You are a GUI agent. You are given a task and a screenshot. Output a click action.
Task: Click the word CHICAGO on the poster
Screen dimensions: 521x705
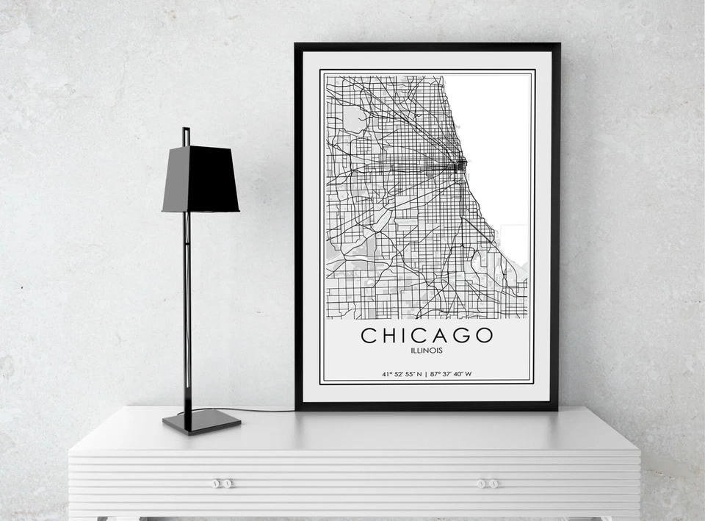coord(427,336)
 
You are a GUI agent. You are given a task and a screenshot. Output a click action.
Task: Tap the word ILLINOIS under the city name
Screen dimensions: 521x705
coord(427,351)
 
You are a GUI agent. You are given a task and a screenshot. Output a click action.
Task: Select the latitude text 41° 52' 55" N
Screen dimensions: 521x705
coord(401,374)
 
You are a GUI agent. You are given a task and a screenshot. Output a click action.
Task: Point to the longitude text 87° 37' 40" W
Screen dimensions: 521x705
coord(452,374)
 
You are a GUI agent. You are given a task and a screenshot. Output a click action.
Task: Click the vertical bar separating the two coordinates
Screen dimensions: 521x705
coord(427,374)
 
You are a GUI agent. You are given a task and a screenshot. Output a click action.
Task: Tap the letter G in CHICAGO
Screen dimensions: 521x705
coord(460,336)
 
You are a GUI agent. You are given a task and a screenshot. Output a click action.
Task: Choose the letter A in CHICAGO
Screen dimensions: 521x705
coord(442,336)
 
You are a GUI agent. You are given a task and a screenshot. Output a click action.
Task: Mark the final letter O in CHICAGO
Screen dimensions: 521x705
coord(483,336)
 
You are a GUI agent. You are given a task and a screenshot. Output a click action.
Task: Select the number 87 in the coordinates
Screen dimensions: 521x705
coord(435,374)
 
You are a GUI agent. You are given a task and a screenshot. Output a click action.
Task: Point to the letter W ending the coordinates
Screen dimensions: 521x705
coord(468,374)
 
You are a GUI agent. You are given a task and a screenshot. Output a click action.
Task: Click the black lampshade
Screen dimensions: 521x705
coord(200,180)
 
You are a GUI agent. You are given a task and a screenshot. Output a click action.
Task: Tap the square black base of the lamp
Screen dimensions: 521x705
coord(202,421)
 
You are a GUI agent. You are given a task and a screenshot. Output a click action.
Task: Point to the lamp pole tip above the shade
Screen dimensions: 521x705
coord(186,134)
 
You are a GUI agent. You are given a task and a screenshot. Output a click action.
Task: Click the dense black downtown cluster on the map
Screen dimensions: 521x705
coord(460,165)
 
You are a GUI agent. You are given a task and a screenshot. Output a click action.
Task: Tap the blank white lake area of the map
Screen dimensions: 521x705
coord(492,132)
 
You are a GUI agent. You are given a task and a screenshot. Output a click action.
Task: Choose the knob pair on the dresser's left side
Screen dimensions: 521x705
coord(223,484)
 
